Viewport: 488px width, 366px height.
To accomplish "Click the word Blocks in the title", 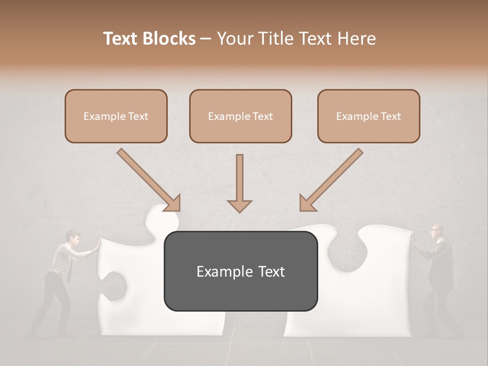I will pyautogui.click(x=170, y=39).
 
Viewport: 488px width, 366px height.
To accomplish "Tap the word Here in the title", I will pyautogui.click(x=356, y=39).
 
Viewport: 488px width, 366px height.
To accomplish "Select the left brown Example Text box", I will pyautogui.click(x=116, y=116).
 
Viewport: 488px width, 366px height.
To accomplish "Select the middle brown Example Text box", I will pyautogui.click(x=240, y=116).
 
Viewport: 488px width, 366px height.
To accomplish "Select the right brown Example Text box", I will pyautogui.click(x=369, y=116).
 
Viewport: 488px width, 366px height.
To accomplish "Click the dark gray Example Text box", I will pyautogui.click(x=240, y=271).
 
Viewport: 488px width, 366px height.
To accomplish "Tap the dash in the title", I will pyautogui.click(x=206, y=39).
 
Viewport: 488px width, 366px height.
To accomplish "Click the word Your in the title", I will pyautogui.click(x=235, y=39).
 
